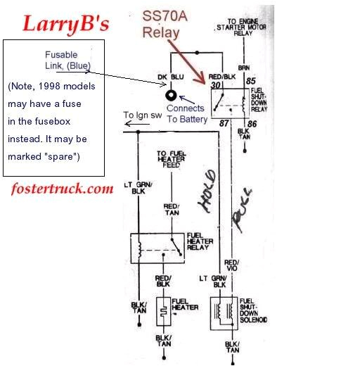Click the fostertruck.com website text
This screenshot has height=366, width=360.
[x=62, y=189]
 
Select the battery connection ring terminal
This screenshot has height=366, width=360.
[x=170, y=94]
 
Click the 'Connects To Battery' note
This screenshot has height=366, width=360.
[x=186, y=113]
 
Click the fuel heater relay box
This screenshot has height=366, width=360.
[x=158, y=249]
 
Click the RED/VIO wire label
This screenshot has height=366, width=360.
[x=231, y=265]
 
